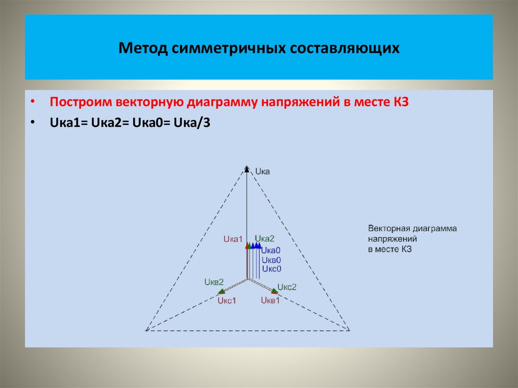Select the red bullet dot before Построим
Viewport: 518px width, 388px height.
coord(33,101)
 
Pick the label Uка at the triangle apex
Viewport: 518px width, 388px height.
coord(263,171)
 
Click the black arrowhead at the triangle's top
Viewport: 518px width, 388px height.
coord(247,169)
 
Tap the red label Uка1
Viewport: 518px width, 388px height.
coord(233,239)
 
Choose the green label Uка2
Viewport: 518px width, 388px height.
coord(265,239)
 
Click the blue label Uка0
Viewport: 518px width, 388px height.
coord(271,250)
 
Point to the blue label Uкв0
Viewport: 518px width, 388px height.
coord(271,260)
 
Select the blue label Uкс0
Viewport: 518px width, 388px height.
coord(271,269)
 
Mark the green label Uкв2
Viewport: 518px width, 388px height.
coord(214,281)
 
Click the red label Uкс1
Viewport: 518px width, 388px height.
coord(227,301)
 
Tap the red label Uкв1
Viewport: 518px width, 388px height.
coord(271,300)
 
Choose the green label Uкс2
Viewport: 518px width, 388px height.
coord(287,287)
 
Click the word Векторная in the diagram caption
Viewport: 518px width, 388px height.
coord(386,228)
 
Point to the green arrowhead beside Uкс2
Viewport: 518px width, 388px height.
coord(274,291)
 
